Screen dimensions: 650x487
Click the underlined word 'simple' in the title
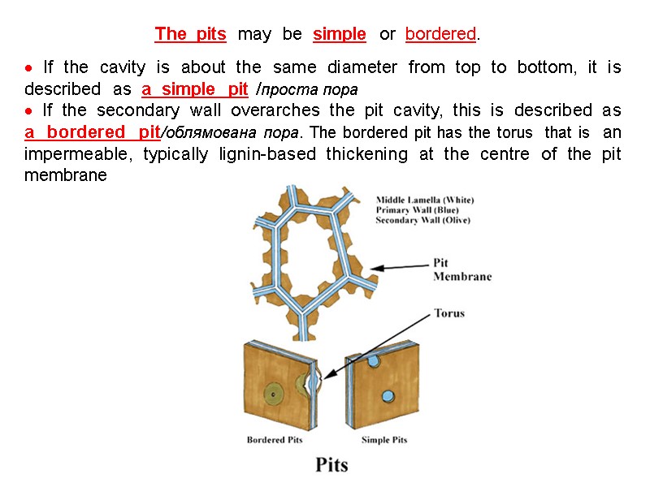pos(339,34)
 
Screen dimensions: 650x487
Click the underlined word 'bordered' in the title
pos(440,34)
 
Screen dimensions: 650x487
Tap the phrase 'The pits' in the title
pos(190,34)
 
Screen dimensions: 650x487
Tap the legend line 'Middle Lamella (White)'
pos(425,200)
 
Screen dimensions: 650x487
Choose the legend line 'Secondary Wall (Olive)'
pos(422,220)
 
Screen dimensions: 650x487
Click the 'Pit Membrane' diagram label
pos(461,269)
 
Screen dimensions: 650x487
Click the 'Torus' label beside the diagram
pos(449,312)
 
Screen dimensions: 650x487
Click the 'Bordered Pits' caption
pos(274,440)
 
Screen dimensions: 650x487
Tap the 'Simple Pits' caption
pos(384,440)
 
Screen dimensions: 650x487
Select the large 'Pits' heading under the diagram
pos(331,465)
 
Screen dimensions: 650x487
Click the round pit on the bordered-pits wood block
pos(275,394)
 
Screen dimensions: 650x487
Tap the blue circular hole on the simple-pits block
pos(374,360)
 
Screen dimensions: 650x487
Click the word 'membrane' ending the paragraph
pos(65,175)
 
